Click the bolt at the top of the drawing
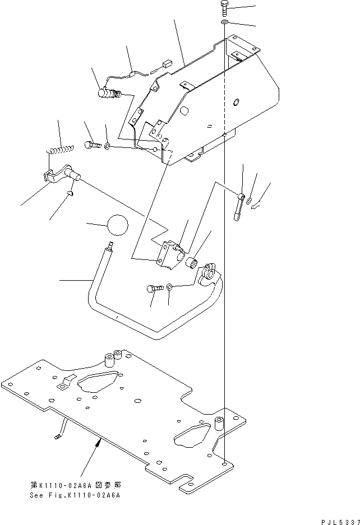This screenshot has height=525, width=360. click(224, 8)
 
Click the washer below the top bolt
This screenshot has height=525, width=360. click(224, 22)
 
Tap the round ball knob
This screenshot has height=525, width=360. click(117, 225)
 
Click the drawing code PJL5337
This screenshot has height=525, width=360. click(336, 521)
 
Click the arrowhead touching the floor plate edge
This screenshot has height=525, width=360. click(98, 444)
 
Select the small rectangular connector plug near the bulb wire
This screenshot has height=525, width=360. click(165, 64)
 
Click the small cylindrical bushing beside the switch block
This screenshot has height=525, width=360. click(193, 261)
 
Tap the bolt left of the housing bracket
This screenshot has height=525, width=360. click(93, 146)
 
